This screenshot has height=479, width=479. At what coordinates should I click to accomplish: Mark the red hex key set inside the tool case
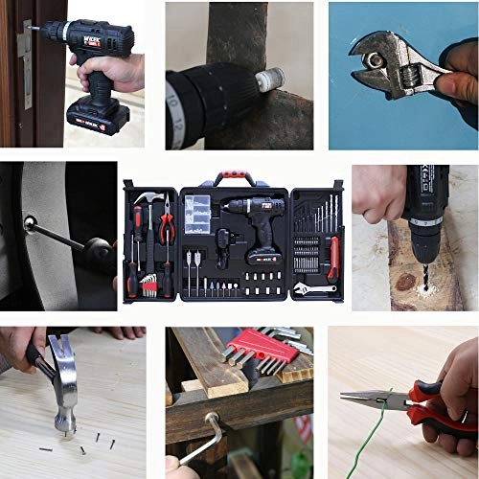pos(148,285)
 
